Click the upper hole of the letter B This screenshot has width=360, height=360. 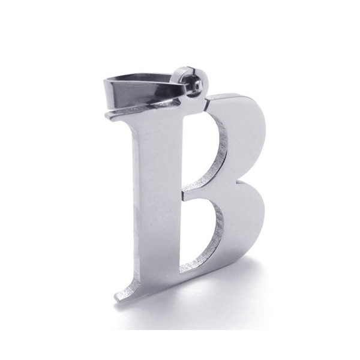coord(205,152)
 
